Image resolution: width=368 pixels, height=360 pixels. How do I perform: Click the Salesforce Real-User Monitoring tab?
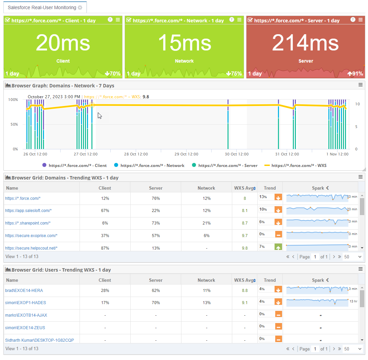42,7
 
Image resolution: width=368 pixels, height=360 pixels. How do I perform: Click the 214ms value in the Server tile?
305,43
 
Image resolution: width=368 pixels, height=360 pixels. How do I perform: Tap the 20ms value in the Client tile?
63,43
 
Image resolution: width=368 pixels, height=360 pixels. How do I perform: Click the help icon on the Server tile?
353,20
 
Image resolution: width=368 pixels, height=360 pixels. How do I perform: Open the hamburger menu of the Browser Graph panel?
361,85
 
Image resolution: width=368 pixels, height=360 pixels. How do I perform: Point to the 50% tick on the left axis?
13,124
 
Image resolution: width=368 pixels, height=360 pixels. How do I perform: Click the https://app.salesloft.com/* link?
28,211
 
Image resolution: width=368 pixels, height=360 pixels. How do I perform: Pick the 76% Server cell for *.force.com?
156,198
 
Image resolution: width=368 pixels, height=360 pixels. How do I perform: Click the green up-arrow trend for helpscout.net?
278,248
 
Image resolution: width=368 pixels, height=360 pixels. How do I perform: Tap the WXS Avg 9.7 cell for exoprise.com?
245,236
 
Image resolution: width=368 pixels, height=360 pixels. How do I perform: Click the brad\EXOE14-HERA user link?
24,291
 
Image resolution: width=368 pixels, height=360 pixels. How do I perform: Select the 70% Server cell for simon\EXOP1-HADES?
156,303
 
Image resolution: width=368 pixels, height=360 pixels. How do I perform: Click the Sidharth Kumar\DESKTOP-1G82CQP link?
40,340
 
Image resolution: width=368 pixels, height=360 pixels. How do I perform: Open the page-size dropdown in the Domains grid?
353,257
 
